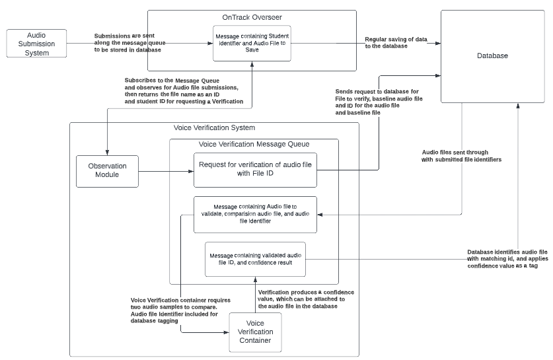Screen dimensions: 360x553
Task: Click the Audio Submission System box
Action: tap(36, 44)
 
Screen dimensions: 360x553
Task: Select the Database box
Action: tap(492, 56)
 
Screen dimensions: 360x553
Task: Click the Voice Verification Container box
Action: tap(254, 332)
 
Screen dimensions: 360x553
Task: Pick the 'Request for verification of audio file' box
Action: tap(255, 170)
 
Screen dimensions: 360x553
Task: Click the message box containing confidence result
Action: tap(255, 258)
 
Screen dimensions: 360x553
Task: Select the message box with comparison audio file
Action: tap(255, 214)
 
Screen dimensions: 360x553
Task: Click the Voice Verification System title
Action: tap(214, 127)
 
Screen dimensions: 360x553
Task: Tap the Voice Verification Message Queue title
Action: tap(254, 144)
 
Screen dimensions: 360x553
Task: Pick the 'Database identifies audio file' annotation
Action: tap(507, 258)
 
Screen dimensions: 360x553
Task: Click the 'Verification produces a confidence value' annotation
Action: tap(306, 299)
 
